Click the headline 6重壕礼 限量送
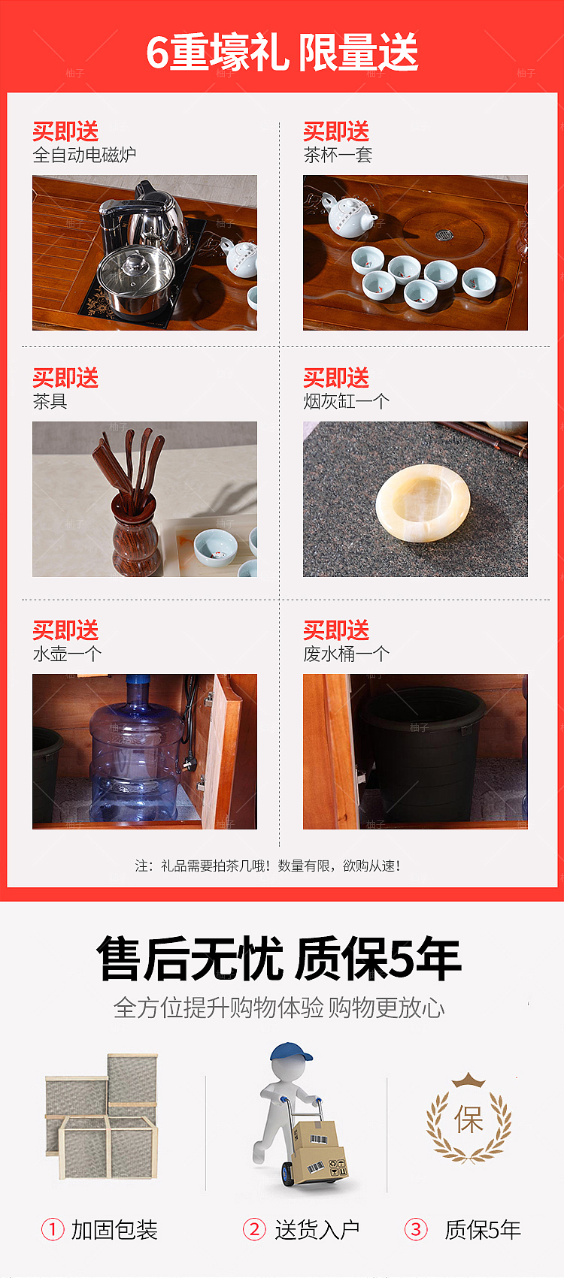tap(282, 53)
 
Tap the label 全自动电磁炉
tap(84, 156)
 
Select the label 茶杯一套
tap(338, 156)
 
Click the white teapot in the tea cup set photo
tap(348, 216)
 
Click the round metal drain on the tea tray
tap(444, 234)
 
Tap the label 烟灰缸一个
tap(346, 401)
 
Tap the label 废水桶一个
tap(346, 654)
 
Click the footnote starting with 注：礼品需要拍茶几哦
tap(268, 866)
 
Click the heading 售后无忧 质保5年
tap(279, 959)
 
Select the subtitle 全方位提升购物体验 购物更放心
tap(279, 1008)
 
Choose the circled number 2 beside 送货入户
tap(253, 1229)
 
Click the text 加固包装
tap(114, 1230)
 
